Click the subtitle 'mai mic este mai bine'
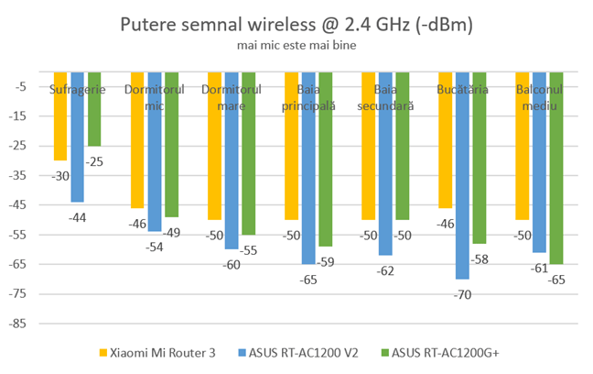click(296, 44)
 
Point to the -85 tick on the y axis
click(25, 324)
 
